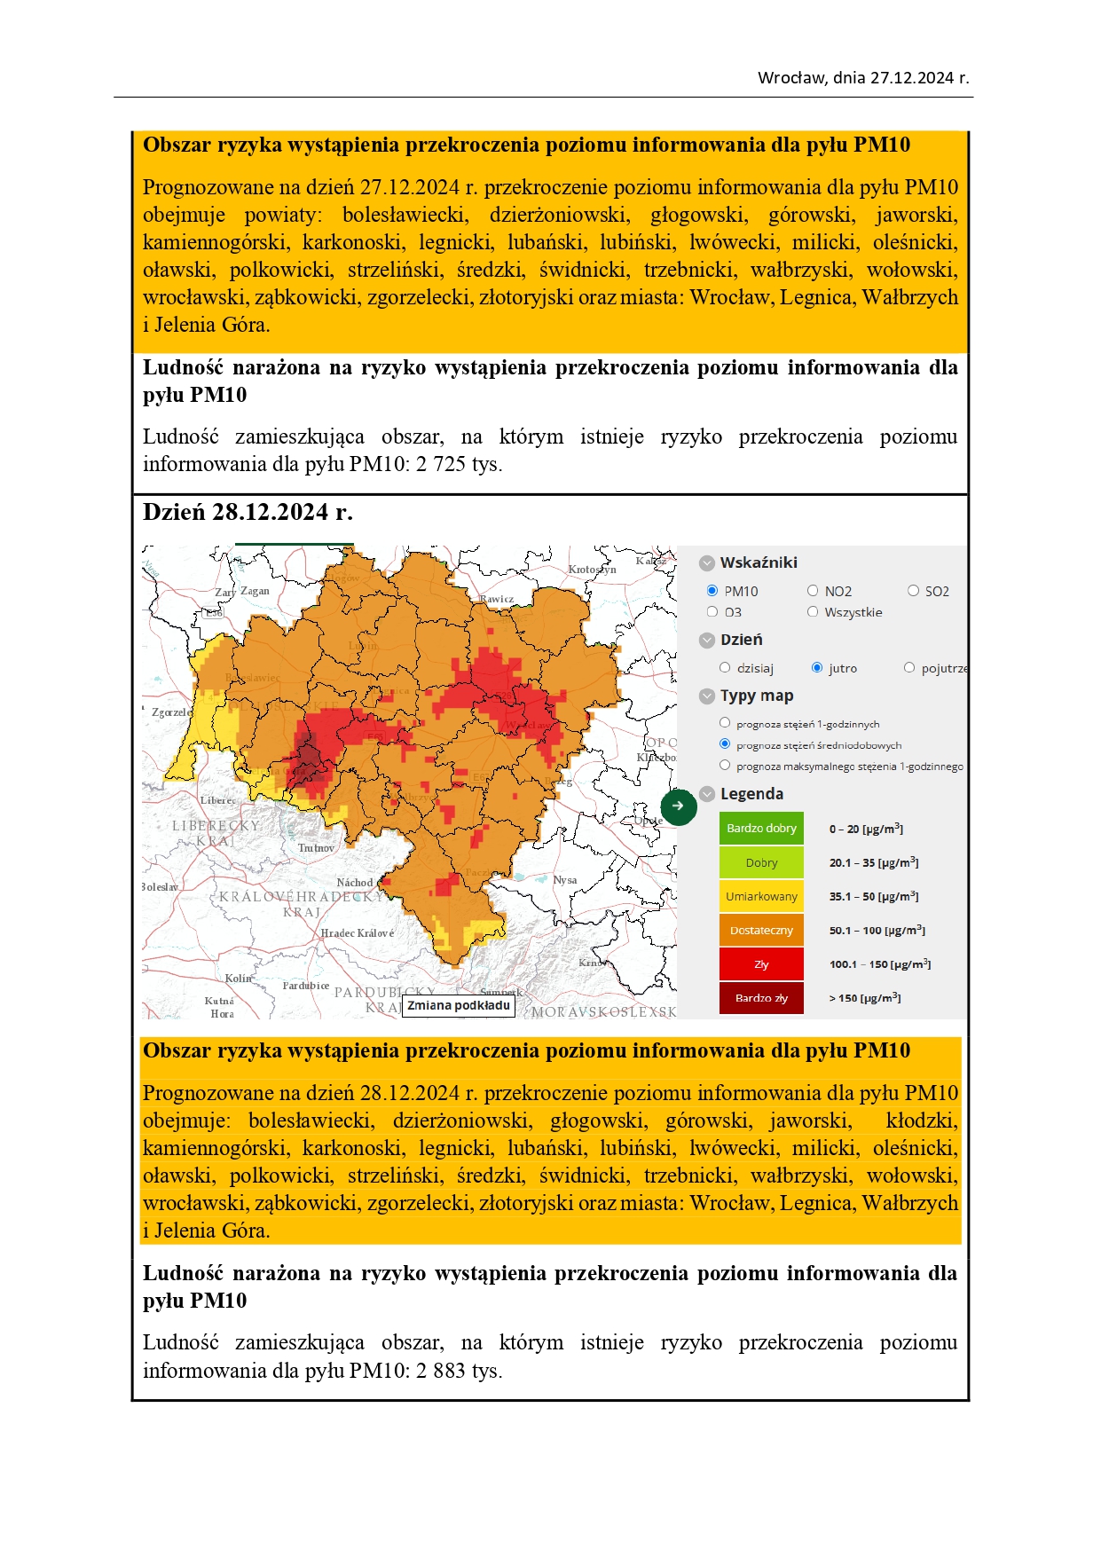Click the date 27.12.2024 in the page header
[x=911, y=78]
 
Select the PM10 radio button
[x=712, y=591]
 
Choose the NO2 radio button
[x=813, y=591]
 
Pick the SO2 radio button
[x=913, y=591]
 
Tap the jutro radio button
[x=817, y=668]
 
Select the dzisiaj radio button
[x=725, y=668]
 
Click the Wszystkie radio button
[x=813, y=612]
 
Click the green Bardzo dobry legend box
[x=761, y=829]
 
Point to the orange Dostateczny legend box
[x=761, y=931]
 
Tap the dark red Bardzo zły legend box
[x=761, y=998]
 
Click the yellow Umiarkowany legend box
[x=761, y=897]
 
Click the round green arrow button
[x=679, y=806]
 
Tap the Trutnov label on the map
[x=316, y=848]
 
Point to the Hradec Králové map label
[x=357, y=933]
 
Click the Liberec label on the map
[x=217, y=800]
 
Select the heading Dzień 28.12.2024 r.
[x=248, y=512]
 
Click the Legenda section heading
[x=751, y=794]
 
